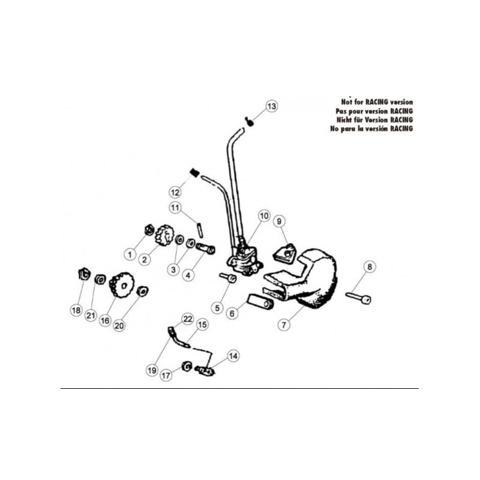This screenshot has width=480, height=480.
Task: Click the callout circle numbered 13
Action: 271,106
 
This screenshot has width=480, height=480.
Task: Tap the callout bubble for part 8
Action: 370,266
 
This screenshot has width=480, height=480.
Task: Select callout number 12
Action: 175,192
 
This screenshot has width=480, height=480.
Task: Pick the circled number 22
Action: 188,319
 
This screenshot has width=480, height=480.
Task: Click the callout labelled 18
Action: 76,310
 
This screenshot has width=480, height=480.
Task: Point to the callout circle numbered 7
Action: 284,325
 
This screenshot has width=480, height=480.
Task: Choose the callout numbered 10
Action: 264,216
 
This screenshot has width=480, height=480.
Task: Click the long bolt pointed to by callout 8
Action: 358,297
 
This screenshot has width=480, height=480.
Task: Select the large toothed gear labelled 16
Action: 122,285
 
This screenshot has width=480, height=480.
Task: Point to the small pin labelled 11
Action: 200,230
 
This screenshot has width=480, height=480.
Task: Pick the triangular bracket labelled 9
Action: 284,253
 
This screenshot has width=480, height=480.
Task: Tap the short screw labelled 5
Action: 228,277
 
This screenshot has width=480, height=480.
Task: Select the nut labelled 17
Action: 187,366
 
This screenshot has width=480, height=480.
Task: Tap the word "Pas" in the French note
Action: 341,111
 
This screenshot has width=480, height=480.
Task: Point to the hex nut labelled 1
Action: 149,230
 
